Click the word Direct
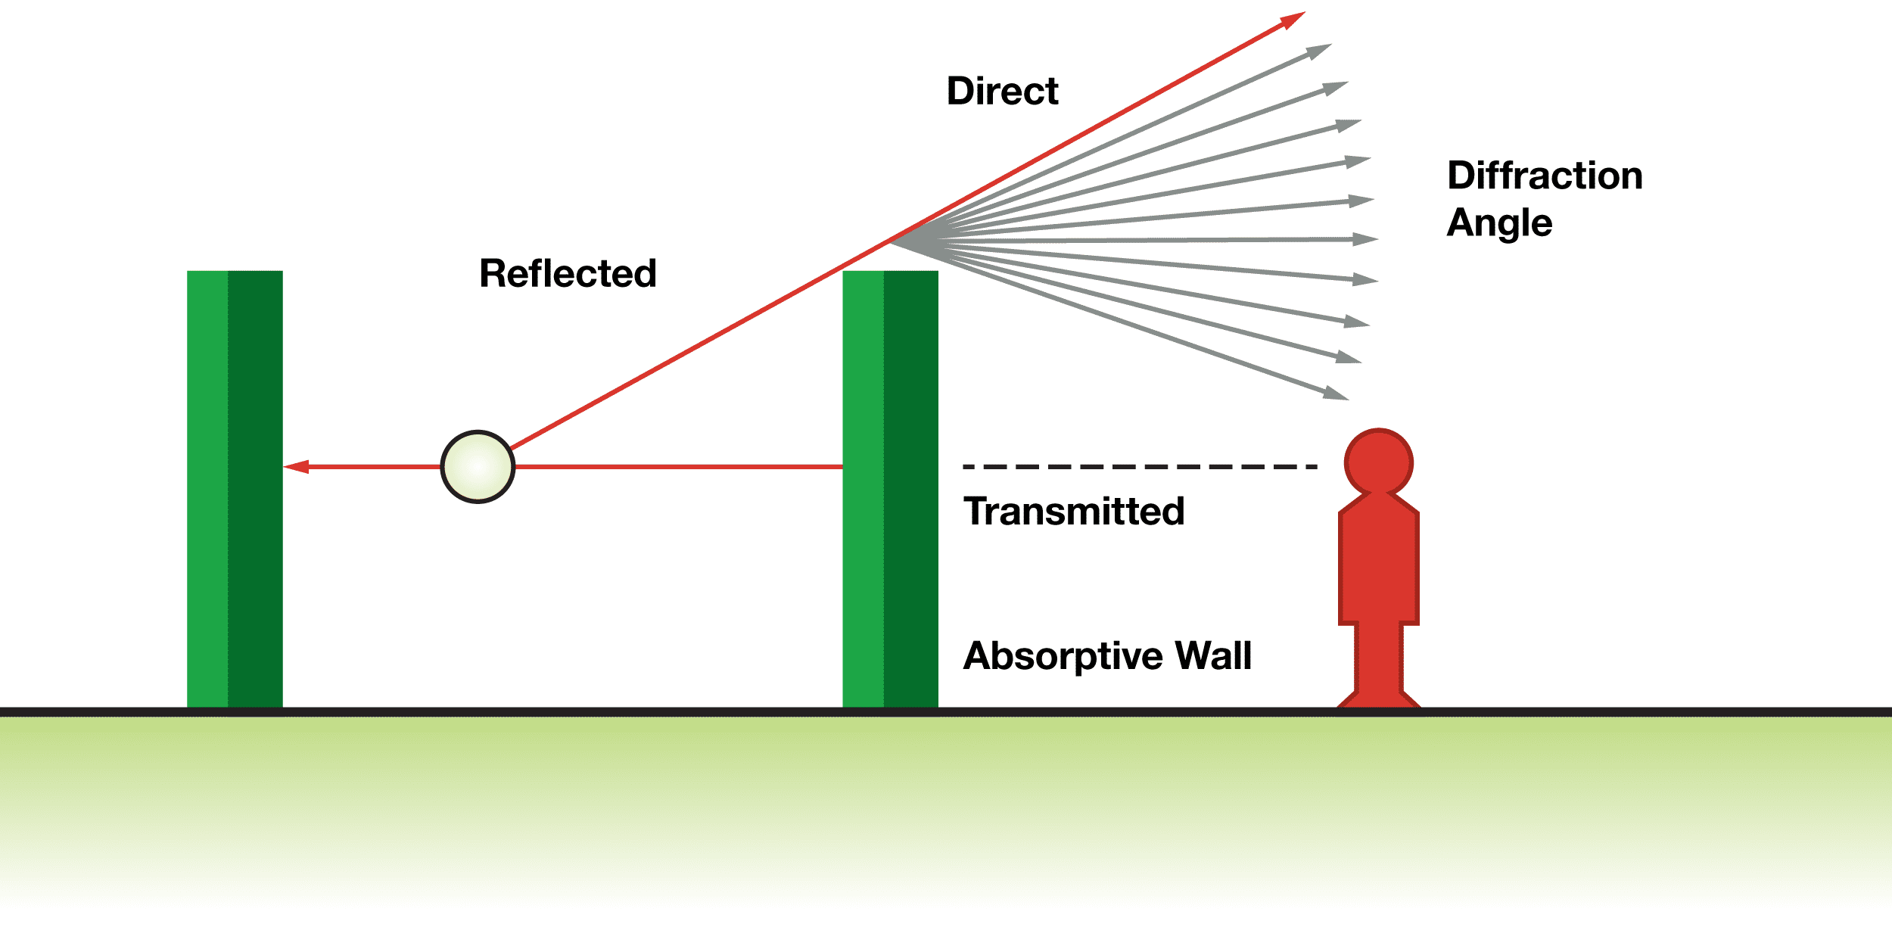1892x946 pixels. tap(1002, 92)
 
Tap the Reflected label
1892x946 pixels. tap(568, 273)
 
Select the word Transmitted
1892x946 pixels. tap(1073, 512)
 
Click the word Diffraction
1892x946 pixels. tap(1545, 176)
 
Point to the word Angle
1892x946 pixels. tap(1499, 223)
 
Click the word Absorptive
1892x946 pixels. tap(1063, 656)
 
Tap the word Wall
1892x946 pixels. tap(1212, 655)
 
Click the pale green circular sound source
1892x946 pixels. tap(478, 467)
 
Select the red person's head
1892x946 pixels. tap(1378, 462)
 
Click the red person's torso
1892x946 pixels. tap(1378, 564)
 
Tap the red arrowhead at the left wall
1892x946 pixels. tap(297, 467)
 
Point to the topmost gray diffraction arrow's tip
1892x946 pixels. tap(1320, 51)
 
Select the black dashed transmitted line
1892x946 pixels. tap(1139, 467)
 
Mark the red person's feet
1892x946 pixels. tap(1378, 699)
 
